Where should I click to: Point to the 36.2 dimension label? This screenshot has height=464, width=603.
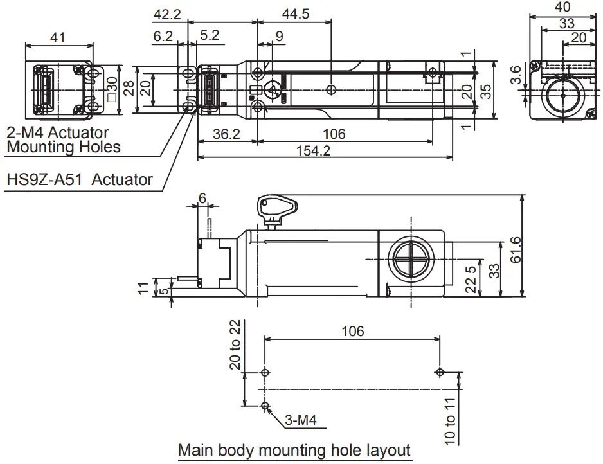pyautogui.click(x=226, y=134)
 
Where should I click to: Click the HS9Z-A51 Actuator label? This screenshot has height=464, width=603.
pyautogui.click(x=79, y=179)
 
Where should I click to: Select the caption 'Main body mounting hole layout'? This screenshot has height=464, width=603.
pyautogui.click(x=294, y=451)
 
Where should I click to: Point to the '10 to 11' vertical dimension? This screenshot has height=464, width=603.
pyautogui.click(x=450, y=420)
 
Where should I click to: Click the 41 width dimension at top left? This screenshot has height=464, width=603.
pyautogui.click(x=58, y=38)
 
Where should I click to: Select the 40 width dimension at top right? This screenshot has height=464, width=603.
pyautogui.click(x=562, y=7)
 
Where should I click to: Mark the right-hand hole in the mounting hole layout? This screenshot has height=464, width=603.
pyautogui.click(x=438, y=372)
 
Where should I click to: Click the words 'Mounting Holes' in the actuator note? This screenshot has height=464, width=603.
pyautogui.click(x=63, y=147)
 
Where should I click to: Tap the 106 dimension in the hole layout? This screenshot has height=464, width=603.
pyautogui.click(x=352, y=331)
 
